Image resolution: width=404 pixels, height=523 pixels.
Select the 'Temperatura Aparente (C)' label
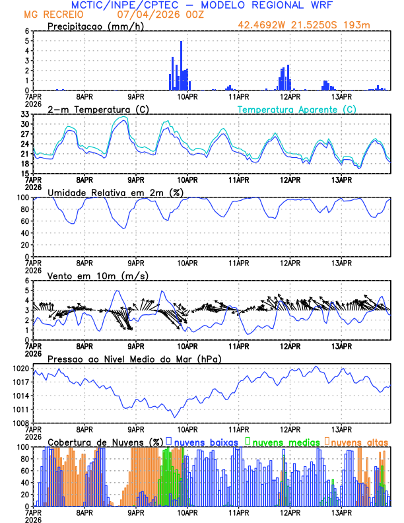tap(296, 109)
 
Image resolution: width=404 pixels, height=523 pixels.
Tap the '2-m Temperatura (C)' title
tap(92, 109)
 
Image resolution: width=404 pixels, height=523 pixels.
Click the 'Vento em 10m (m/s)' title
tap(88, 275)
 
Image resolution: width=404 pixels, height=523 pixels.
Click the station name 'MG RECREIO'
tap(50, 14)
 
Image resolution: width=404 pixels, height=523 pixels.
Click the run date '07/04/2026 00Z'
tap(143, 14)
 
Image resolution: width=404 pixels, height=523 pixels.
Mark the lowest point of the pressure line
tap(175, 417)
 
